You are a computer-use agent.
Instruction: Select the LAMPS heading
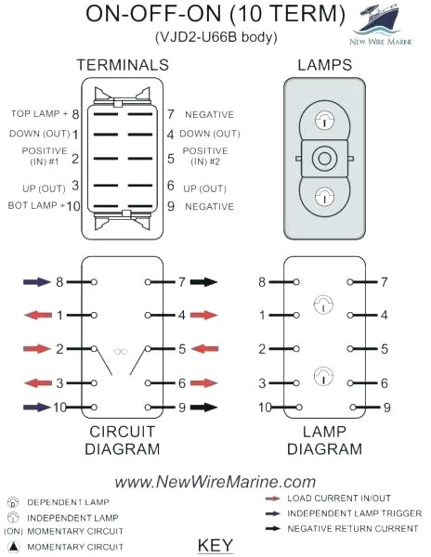(x=323, y=65)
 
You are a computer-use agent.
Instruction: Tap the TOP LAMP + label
(x=39, y=114)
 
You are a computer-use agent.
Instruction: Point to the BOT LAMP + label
(x=38, y=205)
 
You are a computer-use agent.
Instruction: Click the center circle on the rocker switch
(x=324, y=160)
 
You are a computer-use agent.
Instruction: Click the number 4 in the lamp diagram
(x=384, y=316)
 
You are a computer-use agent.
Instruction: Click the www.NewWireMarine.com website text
(x=215, y=481)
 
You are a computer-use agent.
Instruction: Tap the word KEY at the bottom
(x=215, y=545)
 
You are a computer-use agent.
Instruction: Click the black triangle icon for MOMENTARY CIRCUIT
(x=12, y=546)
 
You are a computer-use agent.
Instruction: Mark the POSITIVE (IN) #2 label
(x=204, y=157)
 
